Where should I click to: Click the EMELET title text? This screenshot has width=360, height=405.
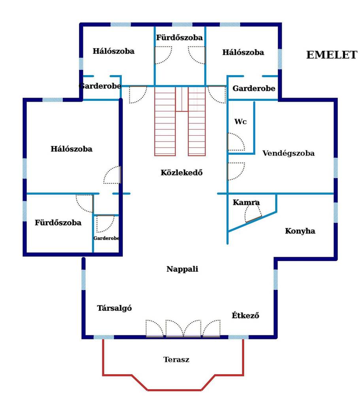click(x=332, y=55)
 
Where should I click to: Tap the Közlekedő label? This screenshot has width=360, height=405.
click(x=181, y=172)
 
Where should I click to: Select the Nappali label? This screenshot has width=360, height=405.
click(x=182, y=269)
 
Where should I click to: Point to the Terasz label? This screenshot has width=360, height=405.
click(x=176, y=359)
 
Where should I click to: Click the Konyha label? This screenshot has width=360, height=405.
click(x=300, y=231)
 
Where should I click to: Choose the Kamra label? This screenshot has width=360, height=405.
click(x=246, y=202)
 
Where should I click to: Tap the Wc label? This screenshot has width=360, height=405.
click(x=240, y=121)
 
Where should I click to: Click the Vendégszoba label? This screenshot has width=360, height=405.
click(x=288, y=153)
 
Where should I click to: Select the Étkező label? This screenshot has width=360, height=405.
click(x=245, y=315)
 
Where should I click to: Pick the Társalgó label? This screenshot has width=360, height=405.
click(x=114, y=308)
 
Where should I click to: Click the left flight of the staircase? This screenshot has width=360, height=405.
click(x=165, y=121)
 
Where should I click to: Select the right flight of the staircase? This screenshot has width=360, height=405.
click(x=197, y=121)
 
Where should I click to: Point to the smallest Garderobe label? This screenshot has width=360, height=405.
click(x=106, y=238)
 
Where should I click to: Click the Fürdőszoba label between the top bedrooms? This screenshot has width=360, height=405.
click(x=179, y=38)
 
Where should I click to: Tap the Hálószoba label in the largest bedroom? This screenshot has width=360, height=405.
click(x=72, y=149)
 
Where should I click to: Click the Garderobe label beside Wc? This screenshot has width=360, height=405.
click(x=254, y=88)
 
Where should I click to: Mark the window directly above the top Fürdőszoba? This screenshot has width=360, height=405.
click(x=182, y=25)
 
